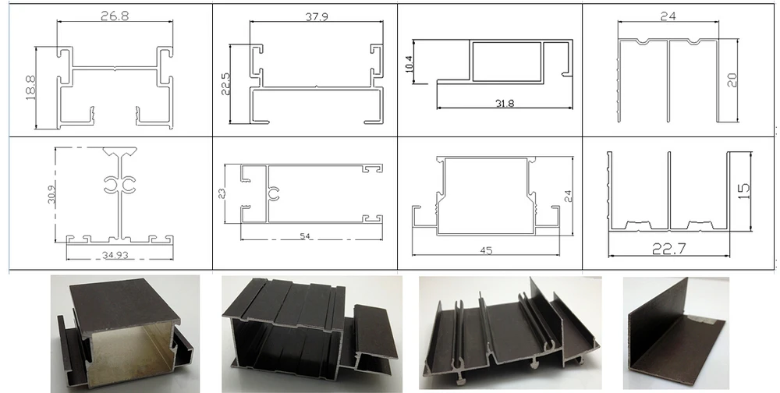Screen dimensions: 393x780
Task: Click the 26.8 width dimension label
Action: [115, 15]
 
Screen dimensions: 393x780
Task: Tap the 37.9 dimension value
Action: [315, 16]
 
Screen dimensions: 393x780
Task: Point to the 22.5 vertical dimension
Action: [225, 82]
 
